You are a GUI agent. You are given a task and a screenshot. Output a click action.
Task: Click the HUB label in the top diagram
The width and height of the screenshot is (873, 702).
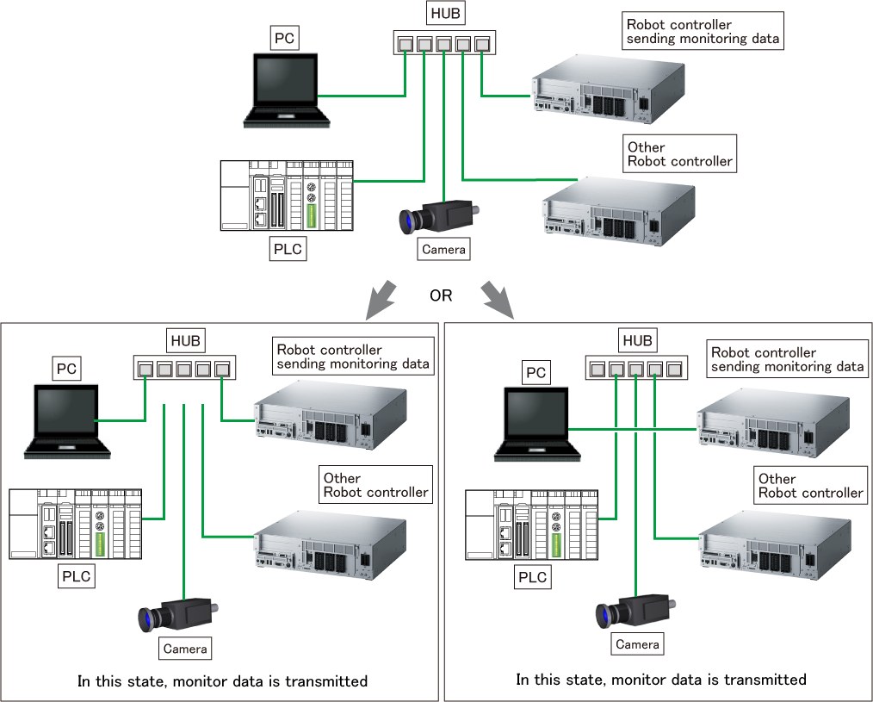coord(444,15)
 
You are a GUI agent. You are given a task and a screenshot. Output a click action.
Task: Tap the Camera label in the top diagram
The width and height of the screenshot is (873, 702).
coord(443,250)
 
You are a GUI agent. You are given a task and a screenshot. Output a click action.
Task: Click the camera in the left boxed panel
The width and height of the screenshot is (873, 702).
coord(179,614)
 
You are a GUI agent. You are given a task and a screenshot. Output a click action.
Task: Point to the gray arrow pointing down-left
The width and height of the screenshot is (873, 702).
coord(379,299)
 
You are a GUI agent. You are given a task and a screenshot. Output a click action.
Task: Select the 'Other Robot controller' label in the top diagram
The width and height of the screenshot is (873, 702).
coord(680,153)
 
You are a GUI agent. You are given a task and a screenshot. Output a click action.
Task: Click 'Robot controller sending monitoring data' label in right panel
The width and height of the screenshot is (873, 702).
coord(787,359)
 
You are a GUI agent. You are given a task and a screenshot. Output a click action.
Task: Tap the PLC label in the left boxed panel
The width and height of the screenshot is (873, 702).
coord(77,575)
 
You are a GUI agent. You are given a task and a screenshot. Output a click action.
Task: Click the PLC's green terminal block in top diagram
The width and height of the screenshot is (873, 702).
coord(313,215)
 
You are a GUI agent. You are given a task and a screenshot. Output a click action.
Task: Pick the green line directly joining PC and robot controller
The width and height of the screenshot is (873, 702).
coord(632,428)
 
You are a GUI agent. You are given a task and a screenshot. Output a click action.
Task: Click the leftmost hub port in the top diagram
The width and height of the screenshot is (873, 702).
coord(405,44)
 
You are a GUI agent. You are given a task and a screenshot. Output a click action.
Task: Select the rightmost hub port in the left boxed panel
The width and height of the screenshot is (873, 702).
coord(222,370)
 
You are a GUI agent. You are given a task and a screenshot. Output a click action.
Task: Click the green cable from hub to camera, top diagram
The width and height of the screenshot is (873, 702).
coord(443,129)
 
